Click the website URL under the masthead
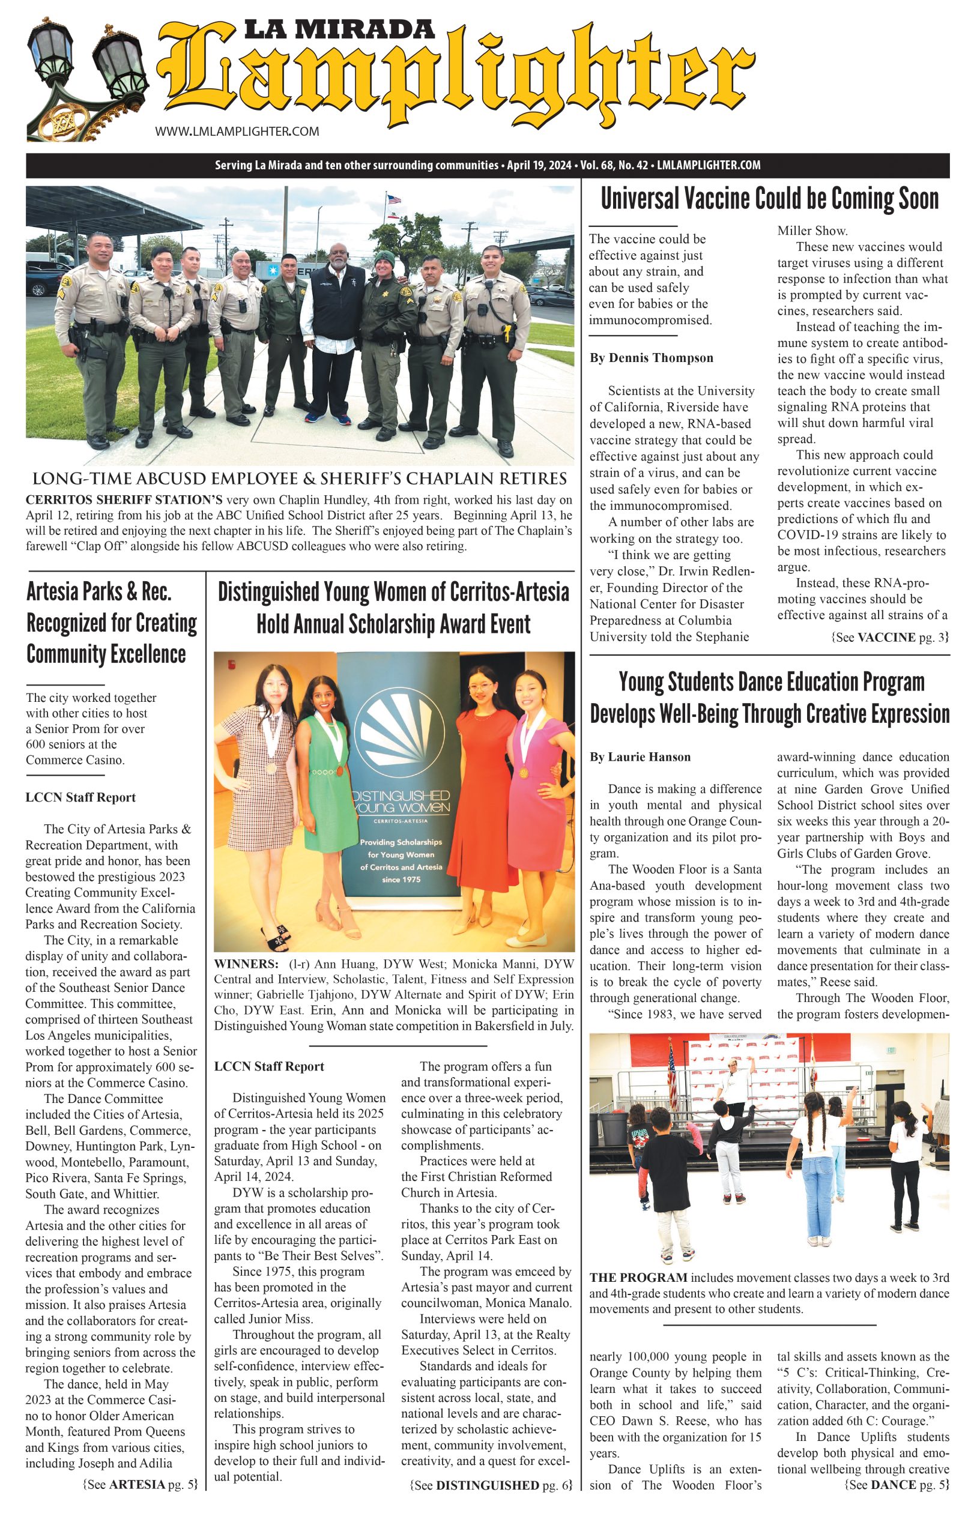coord(237,131)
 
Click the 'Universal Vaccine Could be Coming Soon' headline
coord(769,199)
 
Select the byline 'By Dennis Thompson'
coord(651,358)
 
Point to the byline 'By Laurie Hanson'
coord(640,757)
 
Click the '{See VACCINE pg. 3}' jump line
coord(890,637)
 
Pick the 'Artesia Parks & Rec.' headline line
coord(99,592)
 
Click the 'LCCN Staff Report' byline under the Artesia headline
coord(80,797)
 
